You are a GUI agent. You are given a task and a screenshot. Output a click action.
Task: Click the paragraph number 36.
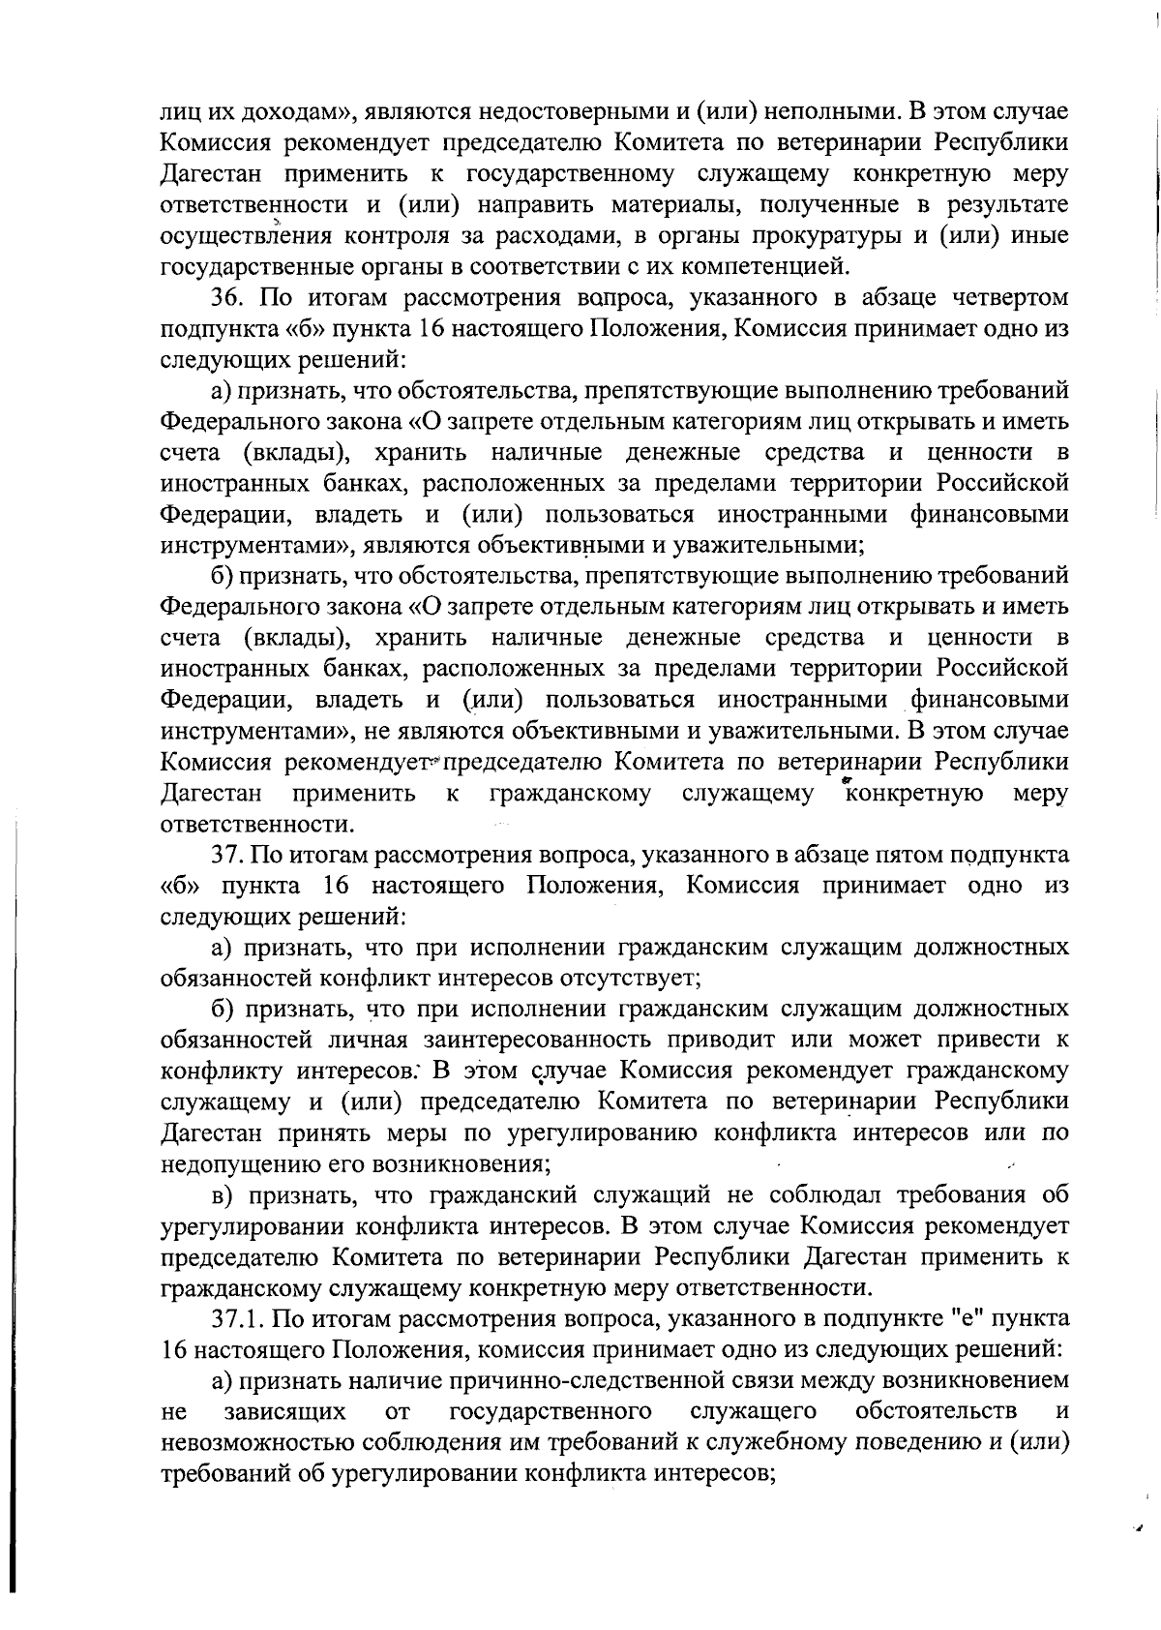(x=227, y=297)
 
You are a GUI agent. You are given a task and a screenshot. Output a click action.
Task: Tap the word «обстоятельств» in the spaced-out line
(x=936, y=1410)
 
